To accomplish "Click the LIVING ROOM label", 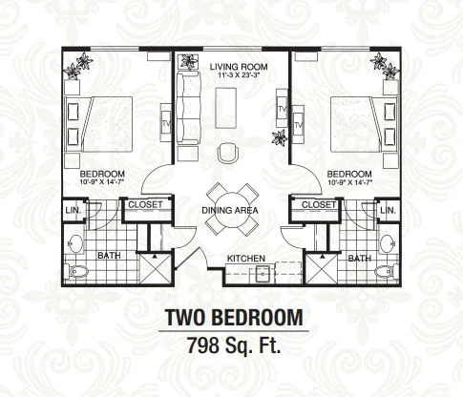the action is click(x=239, y=67).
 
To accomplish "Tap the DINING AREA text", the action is click(x=230, y=210).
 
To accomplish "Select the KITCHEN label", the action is click(x=246, y=259).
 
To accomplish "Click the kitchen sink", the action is click(x=263, y=273).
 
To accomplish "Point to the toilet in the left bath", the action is click(x=76, y=271).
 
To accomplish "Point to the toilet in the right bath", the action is click(x=387, y=271).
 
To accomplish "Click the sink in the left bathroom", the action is click(x=75, y=244).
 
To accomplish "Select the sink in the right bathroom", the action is click(x=388, y=244).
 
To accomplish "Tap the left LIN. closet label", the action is click(x=74, y=211).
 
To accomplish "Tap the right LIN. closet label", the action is click(x=388, y=211).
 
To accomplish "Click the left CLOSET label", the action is click(x=145, y=205).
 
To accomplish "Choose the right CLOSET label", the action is click(x=319, y=205).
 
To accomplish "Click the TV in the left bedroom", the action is click(x=166, y=123).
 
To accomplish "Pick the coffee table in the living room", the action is click(x=226, y=107).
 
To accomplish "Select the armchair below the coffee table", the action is click(x=228, y=153).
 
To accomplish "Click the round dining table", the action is click(x=232, y=209).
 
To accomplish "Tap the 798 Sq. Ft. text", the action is click(x=234, y=345).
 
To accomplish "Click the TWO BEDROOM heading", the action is click(x=234, y=318).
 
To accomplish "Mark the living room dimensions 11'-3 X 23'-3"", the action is click(x=239, y=75).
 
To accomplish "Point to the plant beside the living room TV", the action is click(x=280, y=137).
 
